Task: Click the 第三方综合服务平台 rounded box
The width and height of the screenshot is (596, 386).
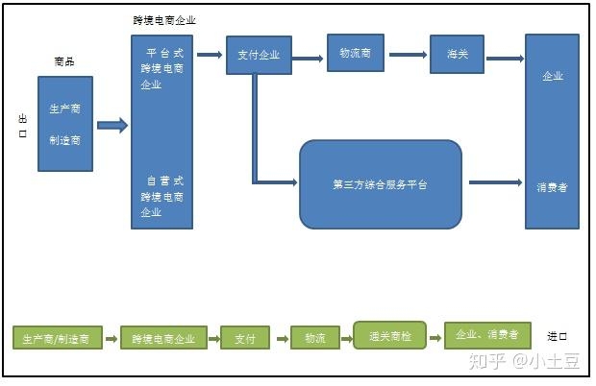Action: [x=380, y=183]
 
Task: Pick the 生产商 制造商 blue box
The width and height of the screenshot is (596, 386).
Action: [x=65, y=124]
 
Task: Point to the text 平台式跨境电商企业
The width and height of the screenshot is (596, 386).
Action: [x=162, y=68]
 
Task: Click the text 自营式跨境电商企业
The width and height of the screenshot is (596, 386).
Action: [x=162, y=196]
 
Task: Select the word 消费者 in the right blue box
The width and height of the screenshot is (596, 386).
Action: [x=552, y=187]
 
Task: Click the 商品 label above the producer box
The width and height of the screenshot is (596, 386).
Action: [x=63, y=61]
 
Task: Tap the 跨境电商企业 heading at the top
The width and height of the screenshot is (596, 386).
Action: [x=163, y=20]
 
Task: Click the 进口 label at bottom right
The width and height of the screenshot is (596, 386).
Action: [x=558, y=336]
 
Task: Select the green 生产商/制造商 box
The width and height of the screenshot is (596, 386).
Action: [x=57, y=338]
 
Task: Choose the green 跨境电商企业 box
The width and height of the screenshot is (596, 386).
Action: [x=163, y=338]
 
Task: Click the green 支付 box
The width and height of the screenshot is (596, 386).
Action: [x=244, y=338]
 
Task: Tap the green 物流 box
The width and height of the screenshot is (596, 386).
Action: [x=315, y=338]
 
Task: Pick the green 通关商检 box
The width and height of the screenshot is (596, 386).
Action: [x=389, y=335]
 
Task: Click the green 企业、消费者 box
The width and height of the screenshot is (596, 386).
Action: [x=486, y=335]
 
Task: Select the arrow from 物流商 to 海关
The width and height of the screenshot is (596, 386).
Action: [x=407, y=55]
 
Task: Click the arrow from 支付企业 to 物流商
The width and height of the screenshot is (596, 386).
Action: [x=307, y=59]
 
